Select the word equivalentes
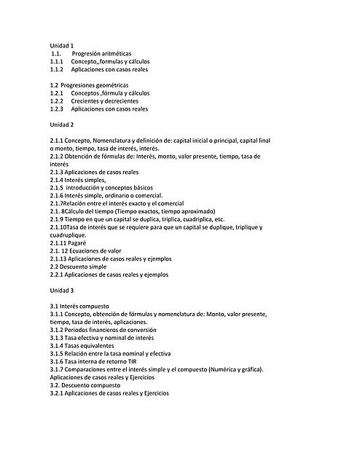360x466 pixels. point(96,346)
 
